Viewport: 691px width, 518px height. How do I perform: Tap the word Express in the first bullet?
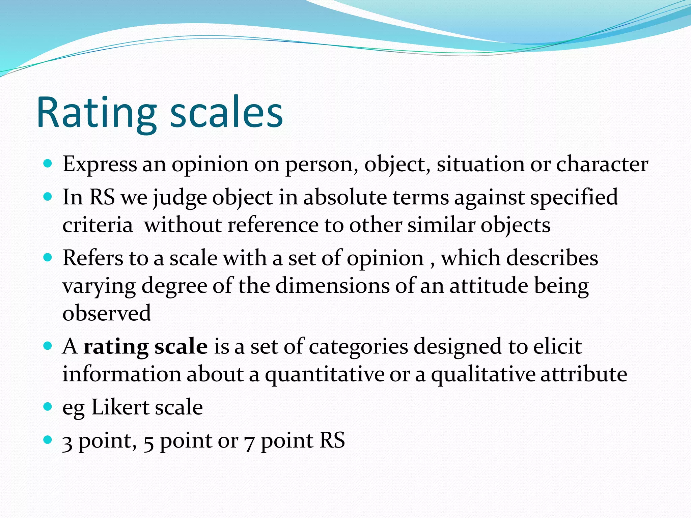click(x=100, y=164)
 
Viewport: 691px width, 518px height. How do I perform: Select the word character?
click(x=602, y=164)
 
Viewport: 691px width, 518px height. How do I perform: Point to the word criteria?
click(x=98, y=225)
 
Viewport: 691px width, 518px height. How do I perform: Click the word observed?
click(x=107, y=313)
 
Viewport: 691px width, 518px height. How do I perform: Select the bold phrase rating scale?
click(x=145, y=347)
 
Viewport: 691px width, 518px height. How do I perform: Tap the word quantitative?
click(x=325, y=374)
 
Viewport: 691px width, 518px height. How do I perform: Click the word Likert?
click(x=120, y=407)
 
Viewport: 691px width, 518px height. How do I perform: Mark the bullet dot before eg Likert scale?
click(x=48, y=406)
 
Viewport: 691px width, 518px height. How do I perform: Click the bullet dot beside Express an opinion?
click(x=48, y=164)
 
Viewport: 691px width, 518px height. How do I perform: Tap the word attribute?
click(x=584, y=374)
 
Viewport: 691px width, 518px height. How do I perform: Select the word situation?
click(x=480, y=164)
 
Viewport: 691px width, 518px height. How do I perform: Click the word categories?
click(x=358, y=347)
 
